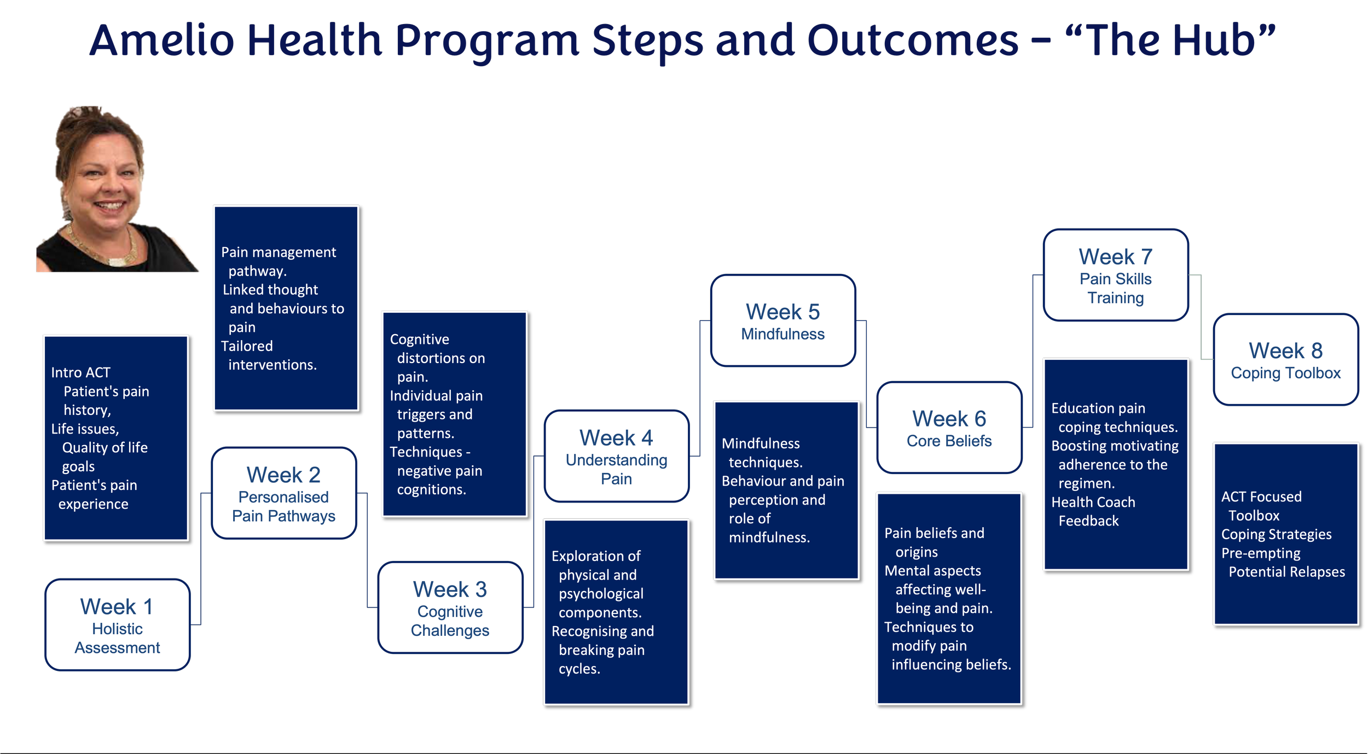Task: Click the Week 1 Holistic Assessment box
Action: point(118,625)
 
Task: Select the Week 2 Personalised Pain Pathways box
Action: point(283,493)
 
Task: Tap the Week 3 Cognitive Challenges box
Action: point(450,607)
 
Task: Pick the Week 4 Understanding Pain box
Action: point(616,457)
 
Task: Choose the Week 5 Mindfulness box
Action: point(782,320)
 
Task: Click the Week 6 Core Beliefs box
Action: point(949,428)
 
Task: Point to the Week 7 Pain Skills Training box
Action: point(1115,275)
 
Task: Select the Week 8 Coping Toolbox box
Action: point(1285,360)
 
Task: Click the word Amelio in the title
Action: point(161,41)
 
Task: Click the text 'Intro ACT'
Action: point(80,373)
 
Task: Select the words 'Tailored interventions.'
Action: point(268,355)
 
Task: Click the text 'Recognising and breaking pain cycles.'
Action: point(602,650)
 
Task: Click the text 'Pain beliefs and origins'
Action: point(934,542)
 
